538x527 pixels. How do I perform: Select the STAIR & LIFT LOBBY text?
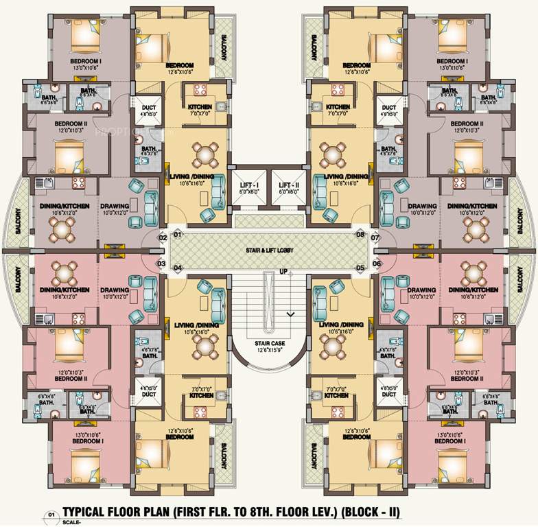269,251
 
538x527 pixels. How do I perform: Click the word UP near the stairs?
282,272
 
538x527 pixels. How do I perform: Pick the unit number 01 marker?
178,235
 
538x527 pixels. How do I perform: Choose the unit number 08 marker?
360,235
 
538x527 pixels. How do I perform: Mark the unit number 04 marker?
178,268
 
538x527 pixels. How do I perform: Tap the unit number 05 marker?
360,268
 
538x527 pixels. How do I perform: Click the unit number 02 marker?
163,238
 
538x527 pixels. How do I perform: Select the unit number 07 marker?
375,238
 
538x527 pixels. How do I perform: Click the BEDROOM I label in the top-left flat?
86,62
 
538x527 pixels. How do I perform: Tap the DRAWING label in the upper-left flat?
115,206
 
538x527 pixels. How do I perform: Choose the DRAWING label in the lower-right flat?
423,290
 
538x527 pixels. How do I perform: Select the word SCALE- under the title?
71,523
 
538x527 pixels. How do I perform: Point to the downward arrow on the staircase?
290,314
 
